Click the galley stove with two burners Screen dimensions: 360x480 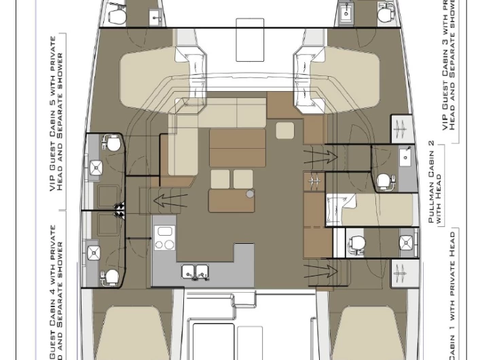165,236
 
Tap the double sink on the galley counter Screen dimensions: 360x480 196,272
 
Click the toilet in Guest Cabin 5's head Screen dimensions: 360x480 112,144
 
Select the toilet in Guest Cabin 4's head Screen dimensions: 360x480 111,276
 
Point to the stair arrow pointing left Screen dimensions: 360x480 170,200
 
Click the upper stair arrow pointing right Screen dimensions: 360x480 320,157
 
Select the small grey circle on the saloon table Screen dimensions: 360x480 250,194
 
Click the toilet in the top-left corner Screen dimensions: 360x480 116,14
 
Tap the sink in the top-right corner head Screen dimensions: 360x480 347,13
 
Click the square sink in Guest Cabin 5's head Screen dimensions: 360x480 96,167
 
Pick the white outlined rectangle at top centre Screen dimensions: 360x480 250,39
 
